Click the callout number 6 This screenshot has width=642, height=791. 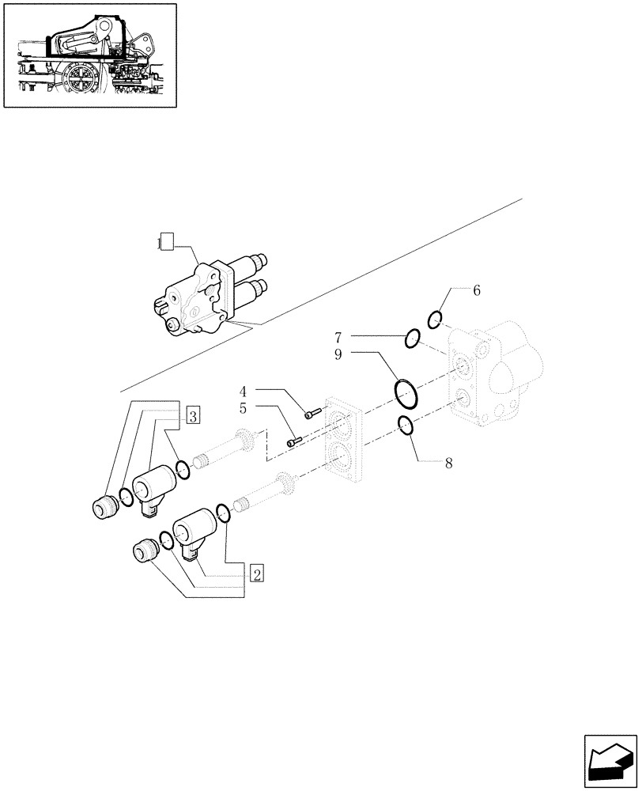coord(477,291)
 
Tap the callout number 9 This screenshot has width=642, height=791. coord(338,355)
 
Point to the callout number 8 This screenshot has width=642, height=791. coord(448,464)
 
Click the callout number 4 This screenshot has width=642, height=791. coord(244,391)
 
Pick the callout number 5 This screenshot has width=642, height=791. coord(244,409)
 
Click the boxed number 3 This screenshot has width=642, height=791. coord(193,414)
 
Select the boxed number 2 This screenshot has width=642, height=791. coord(257,573)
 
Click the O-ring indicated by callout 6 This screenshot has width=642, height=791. coord(435,320)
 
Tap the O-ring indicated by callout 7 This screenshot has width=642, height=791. coord(412,339)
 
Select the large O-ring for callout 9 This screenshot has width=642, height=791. coord(405,391)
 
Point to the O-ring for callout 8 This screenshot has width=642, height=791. coord(405,426)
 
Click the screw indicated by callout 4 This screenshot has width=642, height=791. coord(312,413)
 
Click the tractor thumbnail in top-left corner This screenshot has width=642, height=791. coord(89,55)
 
